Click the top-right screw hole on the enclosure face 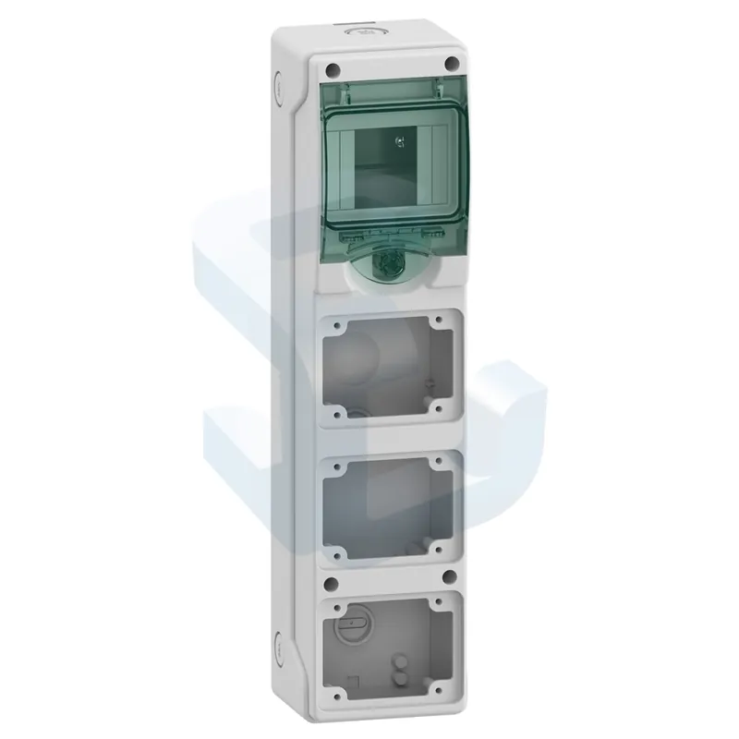(451, 63)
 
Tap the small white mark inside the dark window (398, 141)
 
